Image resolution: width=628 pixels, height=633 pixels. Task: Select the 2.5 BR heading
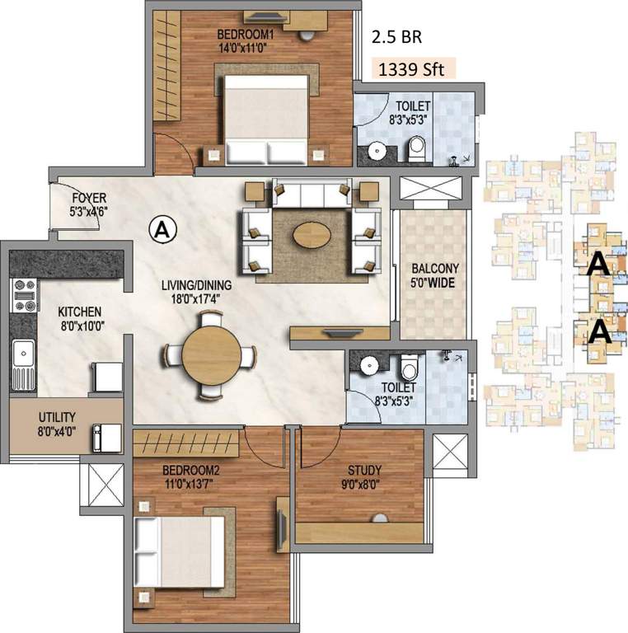click(398, 37)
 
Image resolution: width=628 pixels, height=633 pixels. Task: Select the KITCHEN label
click(79, 312)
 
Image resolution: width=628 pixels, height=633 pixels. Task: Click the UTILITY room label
click(55, 416)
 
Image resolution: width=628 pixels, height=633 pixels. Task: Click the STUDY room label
click(363, 471)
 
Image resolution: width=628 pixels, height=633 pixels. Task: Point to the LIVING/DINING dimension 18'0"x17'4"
click(197, 299)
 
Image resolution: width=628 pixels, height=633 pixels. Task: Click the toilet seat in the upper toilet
click(416, 148)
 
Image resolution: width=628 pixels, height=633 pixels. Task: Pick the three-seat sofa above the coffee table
click(311, 194)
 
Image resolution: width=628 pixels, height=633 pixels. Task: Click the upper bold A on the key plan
click(599, 264)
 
